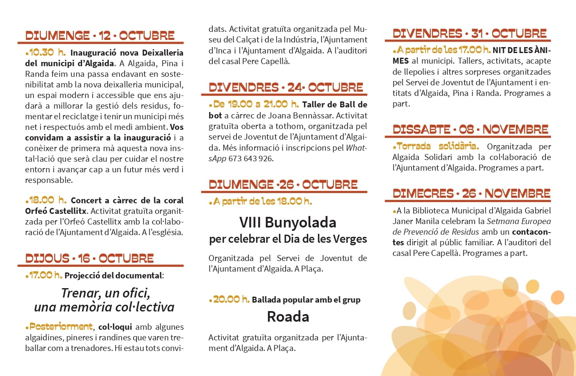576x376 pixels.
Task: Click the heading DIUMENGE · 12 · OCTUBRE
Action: pos(100,35)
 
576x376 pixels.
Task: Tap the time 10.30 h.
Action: pos(47,53)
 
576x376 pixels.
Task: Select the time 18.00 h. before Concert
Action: pos(47,200)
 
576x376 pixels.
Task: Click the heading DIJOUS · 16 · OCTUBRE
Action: pos(89,258)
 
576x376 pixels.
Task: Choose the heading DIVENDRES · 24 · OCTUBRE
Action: pos(286,87)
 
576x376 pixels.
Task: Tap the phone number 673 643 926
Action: pos(251,159)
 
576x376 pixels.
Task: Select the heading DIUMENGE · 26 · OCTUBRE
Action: pos(283,185)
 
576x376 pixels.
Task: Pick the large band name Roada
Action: pos(288,317)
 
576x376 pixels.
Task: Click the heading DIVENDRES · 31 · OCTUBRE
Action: pos(470,34)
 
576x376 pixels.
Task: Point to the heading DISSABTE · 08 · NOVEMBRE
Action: pos(470,129)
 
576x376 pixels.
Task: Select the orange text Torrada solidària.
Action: pos(438,146)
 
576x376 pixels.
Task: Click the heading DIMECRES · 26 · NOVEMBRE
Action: pos(471,194)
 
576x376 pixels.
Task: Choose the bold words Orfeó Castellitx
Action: pos(56,210)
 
